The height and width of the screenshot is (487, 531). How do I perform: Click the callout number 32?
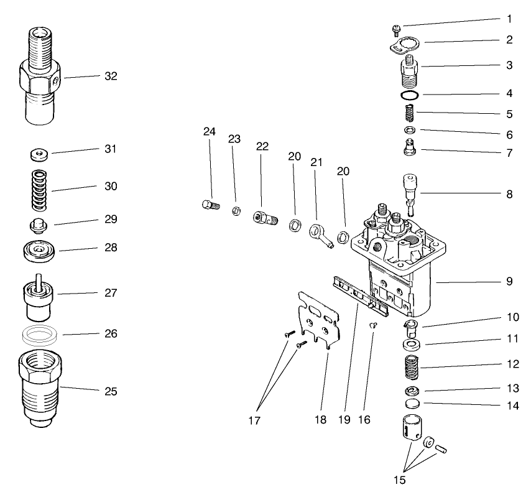[x=111, y=77]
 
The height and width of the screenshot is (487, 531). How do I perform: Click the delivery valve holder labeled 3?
[x=409, y=70]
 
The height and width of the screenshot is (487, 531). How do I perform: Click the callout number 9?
[x=509, y=281]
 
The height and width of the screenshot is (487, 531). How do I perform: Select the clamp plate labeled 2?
[x=404, y=45]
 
